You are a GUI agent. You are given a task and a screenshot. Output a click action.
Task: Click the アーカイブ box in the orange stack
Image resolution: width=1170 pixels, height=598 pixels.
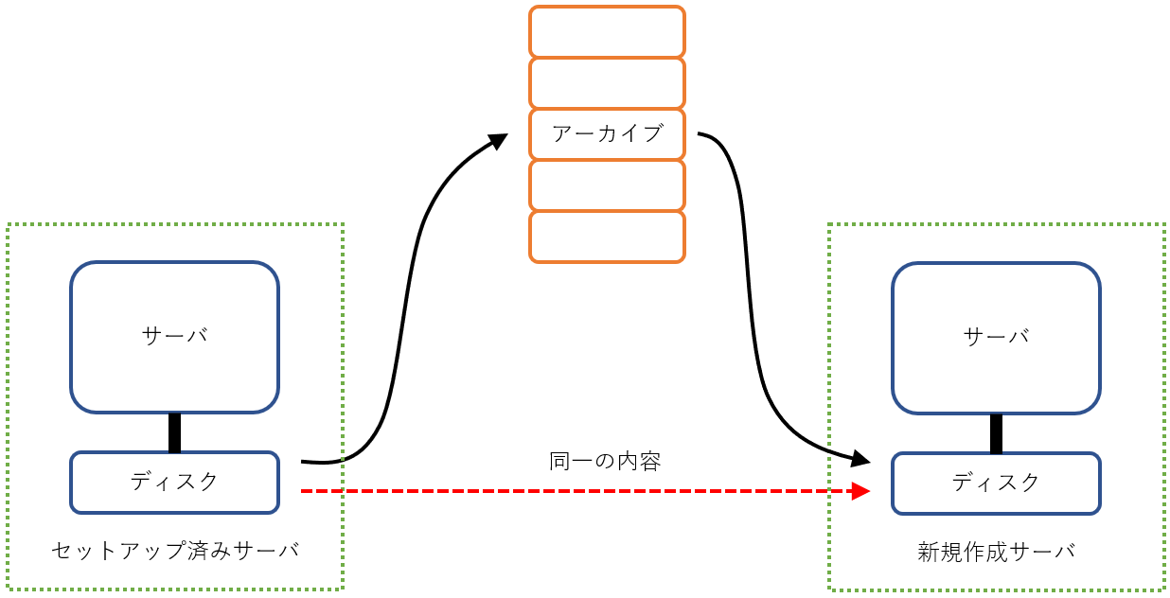point(607,134)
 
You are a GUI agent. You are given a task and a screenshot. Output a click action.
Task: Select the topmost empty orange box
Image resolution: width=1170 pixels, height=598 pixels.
point(607,32)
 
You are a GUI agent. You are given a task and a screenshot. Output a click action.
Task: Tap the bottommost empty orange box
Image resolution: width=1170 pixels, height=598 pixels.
point(607,237)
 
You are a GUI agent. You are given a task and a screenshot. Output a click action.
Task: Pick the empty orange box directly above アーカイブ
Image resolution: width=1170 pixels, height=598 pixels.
point(607,83)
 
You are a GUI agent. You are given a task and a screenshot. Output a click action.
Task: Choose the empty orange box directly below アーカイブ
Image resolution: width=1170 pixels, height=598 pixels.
point(607,185)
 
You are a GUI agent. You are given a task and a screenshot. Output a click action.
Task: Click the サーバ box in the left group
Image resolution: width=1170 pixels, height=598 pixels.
point(174,337)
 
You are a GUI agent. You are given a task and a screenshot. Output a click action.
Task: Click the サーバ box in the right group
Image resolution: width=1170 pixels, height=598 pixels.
point(996,338)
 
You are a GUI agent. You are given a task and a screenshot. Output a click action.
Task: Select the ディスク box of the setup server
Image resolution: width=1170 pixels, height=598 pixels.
point(174,483)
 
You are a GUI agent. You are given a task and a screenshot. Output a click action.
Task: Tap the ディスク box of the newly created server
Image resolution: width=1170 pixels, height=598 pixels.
point(996,484)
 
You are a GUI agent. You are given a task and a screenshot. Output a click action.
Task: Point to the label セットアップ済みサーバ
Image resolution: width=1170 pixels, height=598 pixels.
point(174,550)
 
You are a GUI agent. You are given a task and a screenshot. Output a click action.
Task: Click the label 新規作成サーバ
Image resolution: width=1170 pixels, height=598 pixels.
point(996,552)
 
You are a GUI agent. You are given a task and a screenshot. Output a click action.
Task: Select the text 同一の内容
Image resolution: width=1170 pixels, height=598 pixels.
point(605,462)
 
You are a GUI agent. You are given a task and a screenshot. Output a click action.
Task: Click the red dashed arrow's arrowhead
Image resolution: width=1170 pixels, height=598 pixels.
point(860,491)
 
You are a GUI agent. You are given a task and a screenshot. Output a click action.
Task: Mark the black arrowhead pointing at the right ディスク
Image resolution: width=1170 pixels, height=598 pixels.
point(860,460)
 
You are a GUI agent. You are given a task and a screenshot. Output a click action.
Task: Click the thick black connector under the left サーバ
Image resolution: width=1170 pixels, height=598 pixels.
point(174,432)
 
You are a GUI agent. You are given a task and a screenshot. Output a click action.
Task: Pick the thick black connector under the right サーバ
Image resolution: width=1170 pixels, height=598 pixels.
point(996,433)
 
